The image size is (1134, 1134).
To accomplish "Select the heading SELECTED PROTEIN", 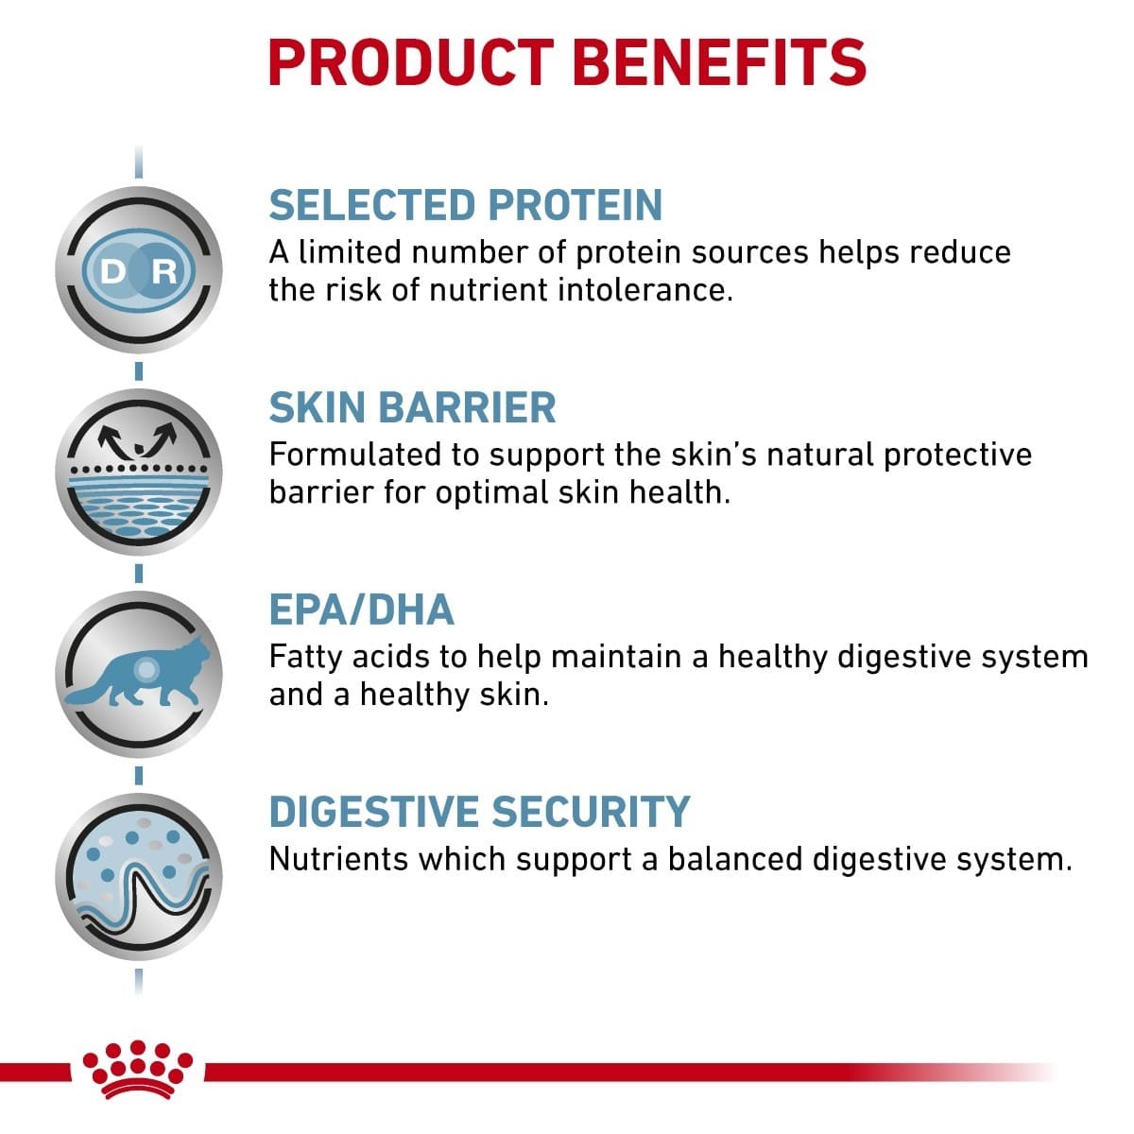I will [x=466, y=206].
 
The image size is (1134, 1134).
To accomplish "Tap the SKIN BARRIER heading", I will [x=412, y=408].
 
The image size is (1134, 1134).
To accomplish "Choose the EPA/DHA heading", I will [x=361, y=610].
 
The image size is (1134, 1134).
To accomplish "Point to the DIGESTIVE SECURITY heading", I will [x=479, y=813].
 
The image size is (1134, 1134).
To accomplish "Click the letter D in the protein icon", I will [x=112, y=272].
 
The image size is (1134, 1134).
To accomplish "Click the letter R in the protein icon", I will [x=164, y=272].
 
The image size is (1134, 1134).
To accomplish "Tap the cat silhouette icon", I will [x=138, y=673].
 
